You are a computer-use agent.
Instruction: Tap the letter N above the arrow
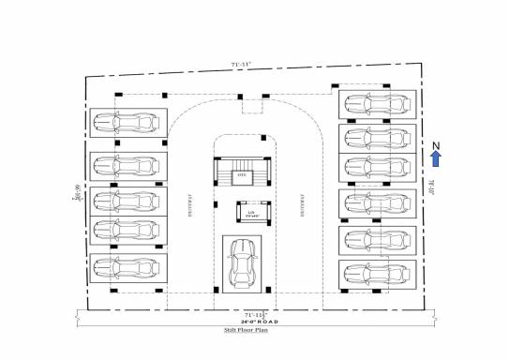click(x=436, y=144)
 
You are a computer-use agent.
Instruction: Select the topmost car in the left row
click(x=129, y=123)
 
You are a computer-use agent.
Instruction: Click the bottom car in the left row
click(x=129, y=265)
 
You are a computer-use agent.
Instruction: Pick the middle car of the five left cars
click(x=129, y=200)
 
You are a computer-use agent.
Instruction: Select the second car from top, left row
click(x=129, y=165)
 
